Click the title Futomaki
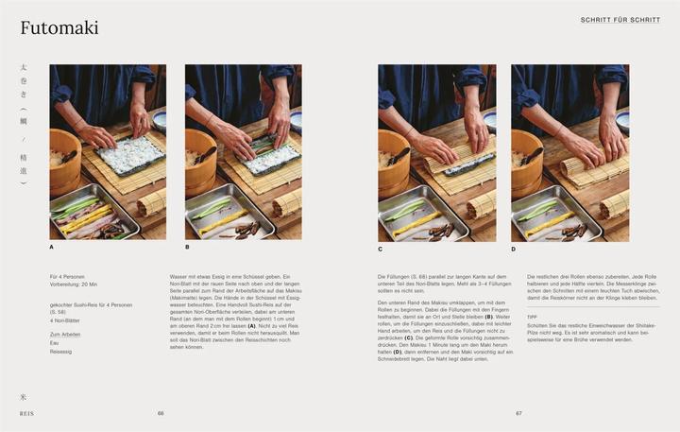58,29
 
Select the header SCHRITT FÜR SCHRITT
620,20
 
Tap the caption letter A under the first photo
52,248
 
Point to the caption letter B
187,248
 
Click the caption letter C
380,248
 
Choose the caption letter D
514,248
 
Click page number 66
161,413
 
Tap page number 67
518,413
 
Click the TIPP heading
533,317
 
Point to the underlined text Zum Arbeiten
65,334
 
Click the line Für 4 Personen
68,276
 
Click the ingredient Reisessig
61,351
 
